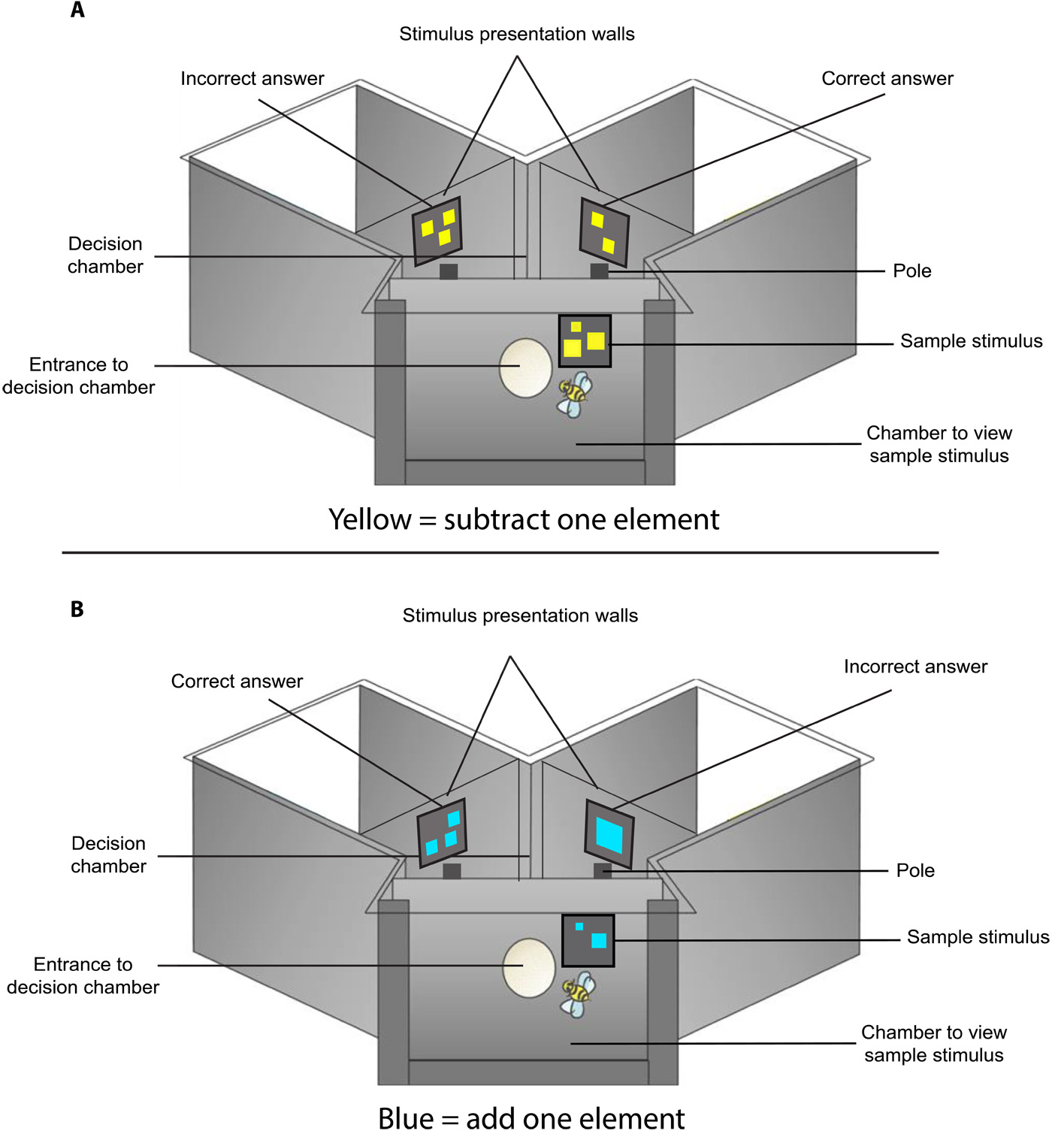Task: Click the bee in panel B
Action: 578,993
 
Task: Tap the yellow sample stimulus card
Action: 585,341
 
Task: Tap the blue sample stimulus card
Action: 588,940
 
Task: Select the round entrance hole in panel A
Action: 525,367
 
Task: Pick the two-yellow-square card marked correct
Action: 603,232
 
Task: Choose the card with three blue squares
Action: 442,832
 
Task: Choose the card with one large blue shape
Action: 609,835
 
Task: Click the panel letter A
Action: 77,11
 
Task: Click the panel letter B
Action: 77,609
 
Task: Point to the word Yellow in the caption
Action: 370,519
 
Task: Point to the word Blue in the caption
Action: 407,1117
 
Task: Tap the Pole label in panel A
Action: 912,271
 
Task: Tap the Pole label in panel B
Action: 915,870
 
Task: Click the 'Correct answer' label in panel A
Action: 887,78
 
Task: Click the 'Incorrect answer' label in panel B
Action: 915,667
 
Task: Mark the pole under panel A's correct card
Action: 599,271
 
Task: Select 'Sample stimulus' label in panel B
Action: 978,937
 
